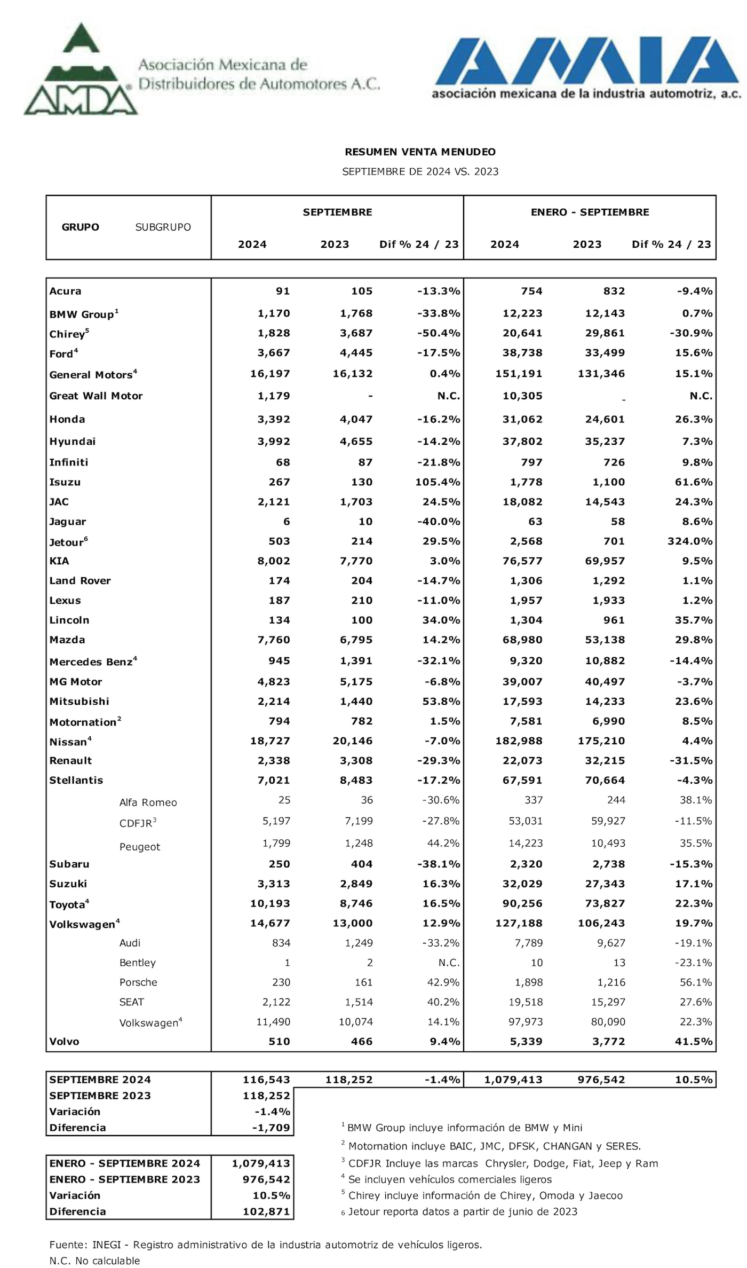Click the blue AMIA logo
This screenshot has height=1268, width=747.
click(587, 61)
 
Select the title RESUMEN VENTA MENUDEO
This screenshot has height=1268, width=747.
click(420, 152)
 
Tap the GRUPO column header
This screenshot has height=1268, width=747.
click(81, 227)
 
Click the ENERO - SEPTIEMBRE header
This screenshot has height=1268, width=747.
click(590, 212)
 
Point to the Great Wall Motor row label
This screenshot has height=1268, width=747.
click(96, 396)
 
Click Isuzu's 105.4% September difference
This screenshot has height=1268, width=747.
click(438, 482)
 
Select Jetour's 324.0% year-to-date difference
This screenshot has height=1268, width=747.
click(689, 541)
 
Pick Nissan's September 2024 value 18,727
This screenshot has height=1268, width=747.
click(270, 741)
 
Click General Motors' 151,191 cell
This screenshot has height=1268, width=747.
click(519, 374)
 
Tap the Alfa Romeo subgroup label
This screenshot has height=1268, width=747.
click(148, 802)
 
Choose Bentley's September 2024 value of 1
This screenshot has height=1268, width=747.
click(287, 963)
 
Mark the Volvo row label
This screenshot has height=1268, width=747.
click(64, 1042)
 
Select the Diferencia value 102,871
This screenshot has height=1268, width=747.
click(266, 1211)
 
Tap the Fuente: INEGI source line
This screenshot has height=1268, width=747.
click(265, 1245)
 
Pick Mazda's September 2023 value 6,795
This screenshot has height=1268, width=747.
click(356, 640)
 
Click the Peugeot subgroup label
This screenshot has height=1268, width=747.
click(140, 847)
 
